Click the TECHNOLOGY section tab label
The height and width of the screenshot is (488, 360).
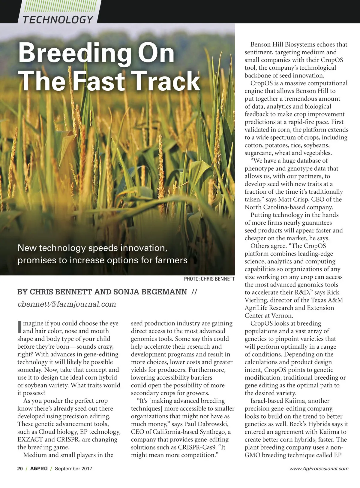58,20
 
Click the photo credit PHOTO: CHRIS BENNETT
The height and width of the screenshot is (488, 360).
209,279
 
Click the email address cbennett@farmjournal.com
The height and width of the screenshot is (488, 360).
67,304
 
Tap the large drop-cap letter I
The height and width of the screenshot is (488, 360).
19,327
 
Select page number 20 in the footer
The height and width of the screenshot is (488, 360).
20,468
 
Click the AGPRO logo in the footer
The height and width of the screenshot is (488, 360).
39,468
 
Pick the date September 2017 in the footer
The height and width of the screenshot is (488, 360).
73,468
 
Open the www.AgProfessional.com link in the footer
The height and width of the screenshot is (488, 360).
319,468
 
